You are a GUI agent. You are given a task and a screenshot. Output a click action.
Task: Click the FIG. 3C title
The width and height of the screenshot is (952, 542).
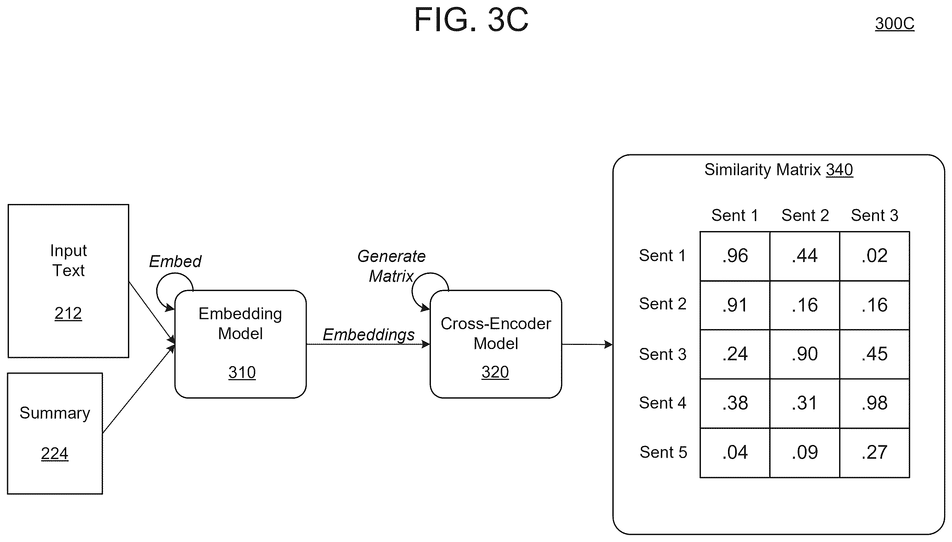coord(471,20)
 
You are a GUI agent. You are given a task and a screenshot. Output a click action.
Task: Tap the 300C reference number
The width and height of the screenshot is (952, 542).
coord(894,24)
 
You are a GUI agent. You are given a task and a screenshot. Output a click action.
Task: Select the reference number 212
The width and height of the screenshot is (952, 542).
coord(68,313)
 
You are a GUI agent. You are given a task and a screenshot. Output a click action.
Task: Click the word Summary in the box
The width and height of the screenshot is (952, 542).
coord(55,413)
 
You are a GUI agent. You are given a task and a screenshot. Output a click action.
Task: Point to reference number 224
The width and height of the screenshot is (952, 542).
coord(55,454)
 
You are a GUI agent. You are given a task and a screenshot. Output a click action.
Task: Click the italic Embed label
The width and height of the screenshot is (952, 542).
coord(175,261)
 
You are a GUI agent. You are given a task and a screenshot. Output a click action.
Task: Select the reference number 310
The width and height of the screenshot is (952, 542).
coord(242,372)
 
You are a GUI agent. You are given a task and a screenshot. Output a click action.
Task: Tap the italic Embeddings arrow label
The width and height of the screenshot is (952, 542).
coord(369,335)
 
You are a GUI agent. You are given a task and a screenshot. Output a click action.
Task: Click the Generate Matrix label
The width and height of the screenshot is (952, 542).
coord(391,266)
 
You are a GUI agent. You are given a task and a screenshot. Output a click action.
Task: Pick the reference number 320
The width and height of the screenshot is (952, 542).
coord(495,372)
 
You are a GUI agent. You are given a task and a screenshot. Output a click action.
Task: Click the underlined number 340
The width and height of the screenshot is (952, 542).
coord(839,170)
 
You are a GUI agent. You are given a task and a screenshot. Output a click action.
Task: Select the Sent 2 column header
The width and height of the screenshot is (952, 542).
coord(805,216)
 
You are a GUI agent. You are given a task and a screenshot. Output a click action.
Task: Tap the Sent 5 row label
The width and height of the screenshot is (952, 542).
coord(663,452)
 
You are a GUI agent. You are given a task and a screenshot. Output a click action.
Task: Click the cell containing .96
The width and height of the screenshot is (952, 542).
coord(735,256)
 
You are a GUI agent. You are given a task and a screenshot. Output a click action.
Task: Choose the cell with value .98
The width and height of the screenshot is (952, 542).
coord(874,404)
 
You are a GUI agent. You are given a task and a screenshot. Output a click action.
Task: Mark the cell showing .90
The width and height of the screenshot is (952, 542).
coord(804,354)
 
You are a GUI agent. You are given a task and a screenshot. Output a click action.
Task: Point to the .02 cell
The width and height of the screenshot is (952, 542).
coord(874,256)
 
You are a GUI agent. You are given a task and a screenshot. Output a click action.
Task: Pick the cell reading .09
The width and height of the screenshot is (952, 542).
coord(804,453)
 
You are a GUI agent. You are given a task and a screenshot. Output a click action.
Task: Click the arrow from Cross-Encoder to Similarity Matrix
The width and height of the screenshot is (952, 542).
coord(587,344)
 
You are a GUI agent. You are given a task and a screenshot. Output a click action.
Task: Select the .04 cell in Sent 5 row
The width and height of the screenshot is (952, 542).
coord(735,453)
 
